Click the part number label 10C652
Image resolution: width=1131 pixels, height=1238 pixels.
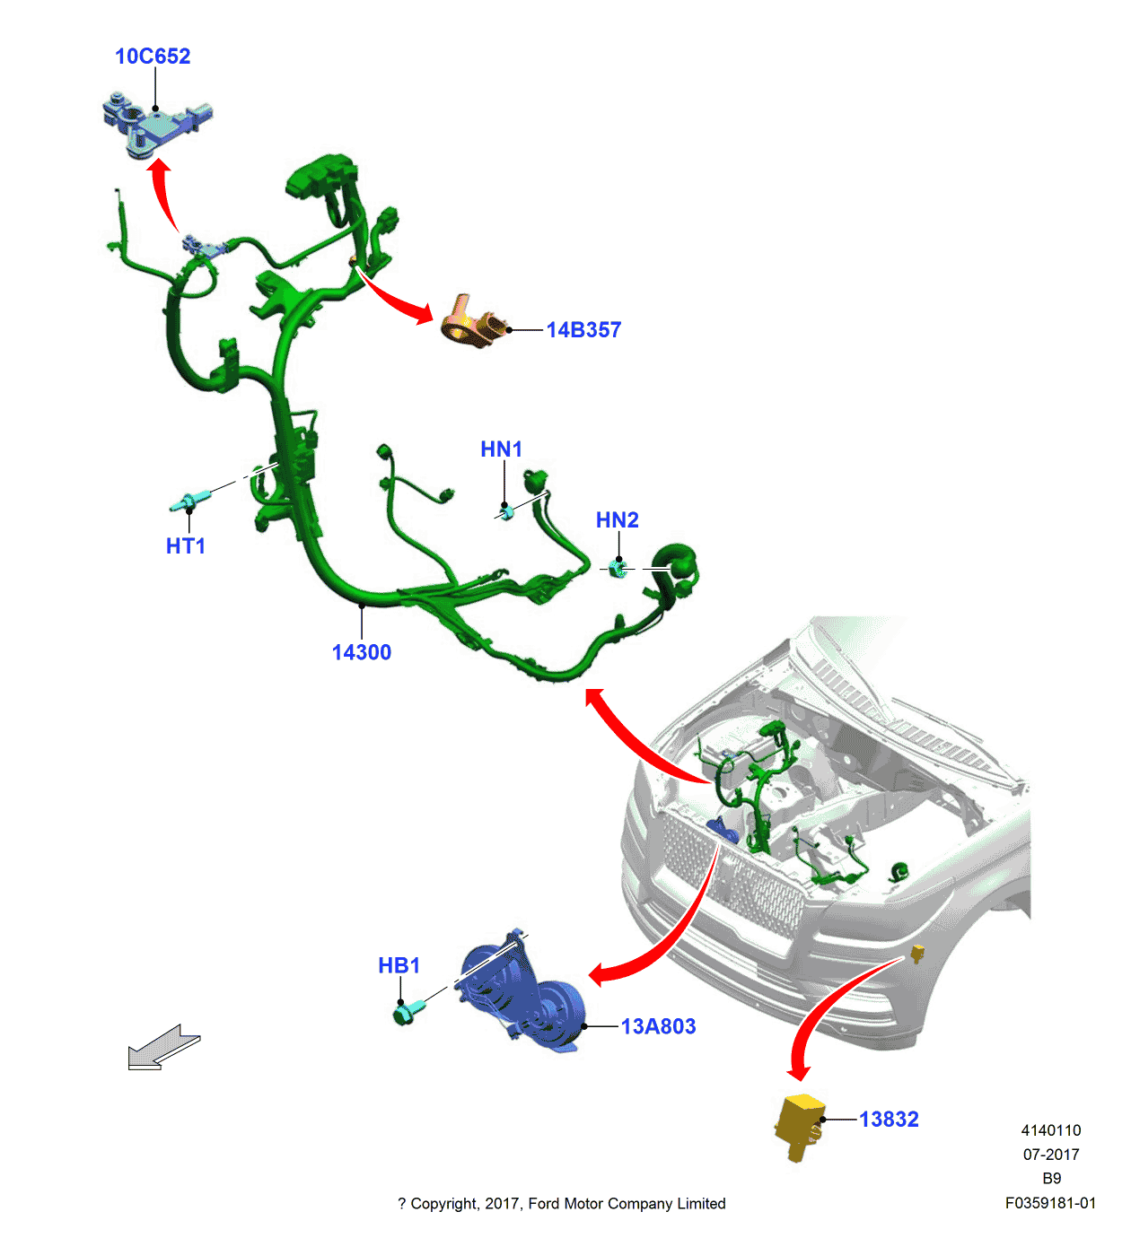pos(153,57)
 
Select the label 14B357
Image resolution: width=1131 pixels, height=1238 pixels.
pos(583,330)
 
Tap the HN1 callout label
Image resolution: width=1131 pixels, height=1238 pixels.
pos(501,449)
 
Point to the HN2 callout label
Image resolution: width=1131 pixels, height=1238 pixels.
pos(618,520)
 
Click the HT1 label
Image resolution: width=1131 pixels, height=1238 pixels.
pos(186,546)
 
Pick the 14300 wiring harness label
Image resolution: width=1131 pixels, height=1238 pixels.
pos(362,653)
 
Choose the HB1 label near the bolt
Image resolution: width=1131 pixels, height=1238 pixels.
pos(399,966)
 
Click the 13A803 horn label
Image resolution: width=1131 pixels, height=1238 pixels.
pos(658,1027)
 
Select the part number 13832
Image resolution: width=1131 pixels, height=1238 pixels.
pos(889,1120)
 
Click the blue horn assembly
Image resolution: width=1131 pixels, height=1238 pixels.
pos(521,996)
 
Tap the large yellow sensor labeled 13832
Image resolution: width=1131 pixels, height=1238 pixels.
pos(799,1126)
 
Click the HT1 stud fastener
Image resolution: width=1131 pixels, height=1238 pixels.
pos(190,501)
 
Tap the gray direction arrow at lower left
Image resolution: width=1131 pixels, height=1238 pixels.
pos(163,1048)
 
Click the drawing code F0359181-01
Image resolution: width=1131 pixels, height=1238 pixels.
pos(1050,1204)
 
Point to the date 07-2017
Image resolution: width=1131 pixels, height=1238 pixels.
pos(1051,1155)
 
